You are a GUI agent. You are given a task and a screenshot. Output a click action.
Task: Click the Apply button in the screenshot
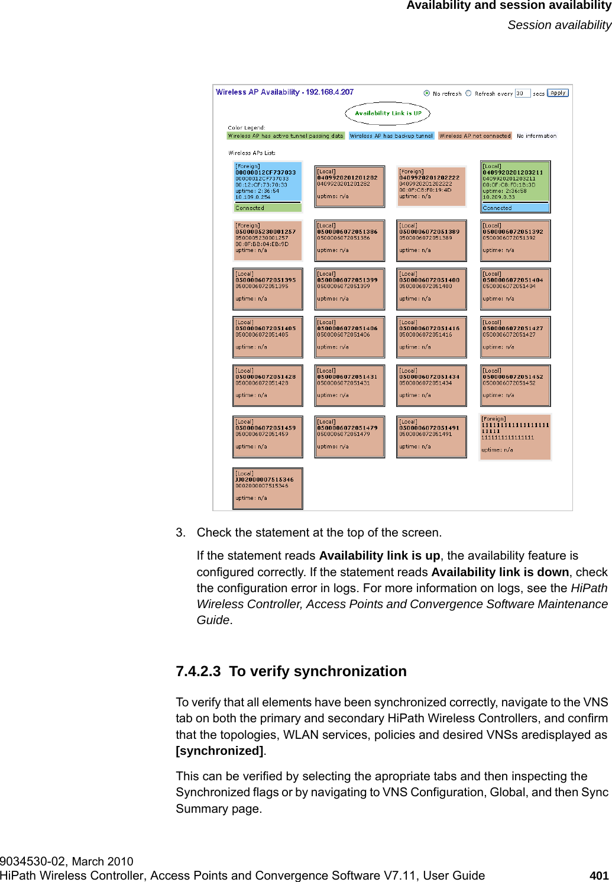tap(558, 93)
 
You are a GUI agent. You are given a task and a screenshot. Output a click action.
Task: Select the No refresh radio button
tap(427, 93)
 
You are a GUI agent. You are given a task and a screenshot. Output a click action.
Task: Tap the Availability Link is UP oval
tap(388, 113)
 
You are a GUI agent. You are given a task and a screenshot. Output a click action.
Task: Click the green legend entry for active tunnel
tap(286, 136)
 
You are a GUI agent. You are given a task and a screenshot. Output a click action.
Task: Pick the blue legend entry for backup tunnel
tap(391, 136)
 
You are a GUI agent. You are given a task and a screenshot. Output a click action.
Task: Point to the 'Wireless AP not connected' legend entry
tap(475, 136)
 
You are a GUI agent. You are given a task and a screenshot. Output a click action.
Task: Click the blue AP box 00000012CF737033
tap(268, 186)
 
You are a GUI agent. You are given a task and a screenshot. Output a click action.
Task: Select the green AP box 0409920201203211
tap(515, 186)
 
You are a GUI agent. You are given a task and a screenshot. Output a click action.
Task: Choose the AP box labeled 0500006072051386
tap(349, 240)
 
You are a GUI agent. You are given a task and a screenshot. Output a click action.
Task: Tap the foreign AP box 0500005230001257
tap(268, 240)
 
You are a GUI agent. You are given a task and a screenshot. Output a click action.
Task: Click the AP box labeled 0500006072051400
tap(432, 289)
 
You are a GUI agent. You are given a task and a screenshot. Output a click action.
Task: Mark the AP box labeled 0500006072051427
tap(515, 337)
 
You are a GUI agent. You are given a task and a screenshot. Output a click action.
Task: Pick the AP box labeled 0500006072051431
tap(349, 386)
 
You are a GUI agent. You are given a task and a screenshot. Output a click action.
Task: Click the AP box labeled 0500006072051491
tap(432, 437)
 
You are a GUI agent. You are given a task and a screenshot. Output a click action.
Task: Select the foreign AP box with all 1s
tap(515, 437)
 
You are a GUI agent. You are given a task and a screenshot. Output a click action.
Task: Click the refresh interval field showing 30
tap(522, 93)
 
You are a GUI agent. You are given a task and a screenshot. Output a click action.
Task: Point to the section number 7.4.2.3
tap(198, 671)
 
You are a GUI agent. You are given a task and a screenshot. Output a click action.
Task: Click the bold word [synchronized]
tap(219, 751)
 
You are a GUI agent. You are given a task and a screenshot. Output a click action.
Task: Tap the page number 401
tap(599, 875)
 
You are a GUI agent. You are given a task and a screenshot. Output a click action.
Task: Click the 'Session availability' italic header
tap(559, 25)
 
